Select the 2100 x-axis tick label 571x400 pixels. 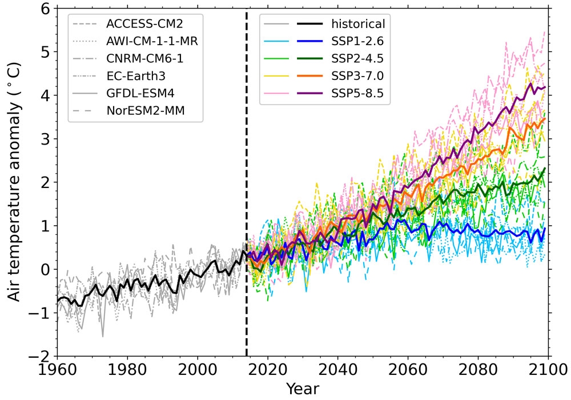(x=548, y=370)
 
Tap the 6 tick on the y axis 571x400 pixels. (x=46, y=9)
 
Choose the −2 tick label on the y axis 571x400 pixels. (x=41, y=357)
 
